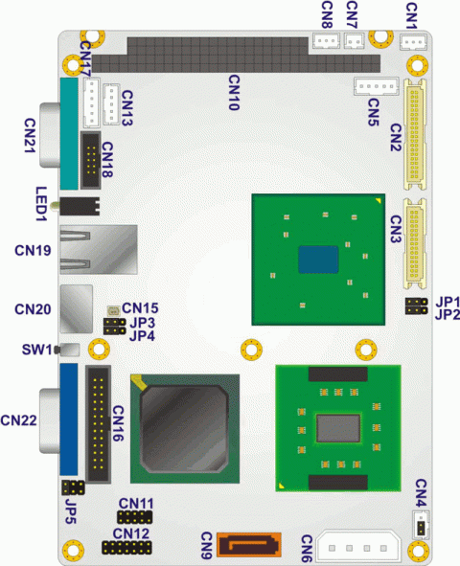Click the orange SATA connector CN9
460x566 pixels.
[x=249, y=544]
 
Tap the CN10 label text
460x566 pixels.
[x=234, y=92]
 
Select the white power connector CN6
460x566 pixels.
[x=358, y=547]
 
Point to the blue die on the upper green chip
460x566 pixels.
[x=318, y=260]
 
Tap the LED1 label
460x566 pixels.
[x=41, y=204]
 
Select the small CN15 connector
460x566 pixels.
[x=114, y=310]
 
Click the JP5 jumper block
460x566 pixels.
[x=73, y=487]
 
